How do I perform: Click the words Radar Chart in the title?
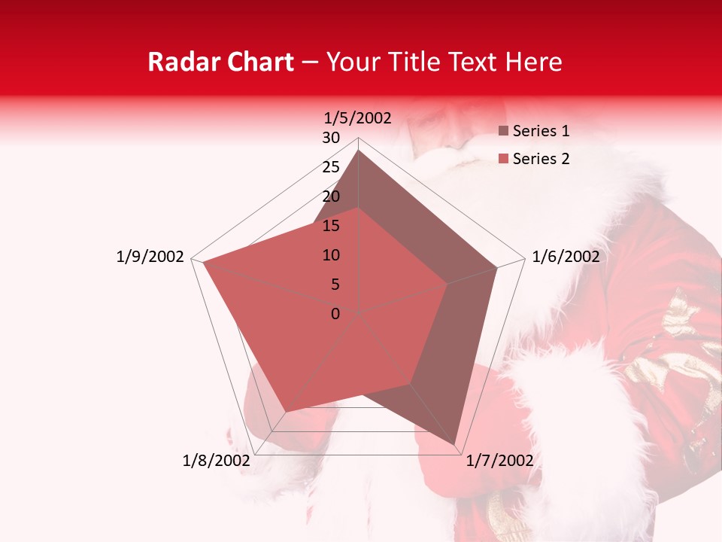(220, 62)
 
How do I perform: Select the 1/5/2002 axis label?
(358, 117)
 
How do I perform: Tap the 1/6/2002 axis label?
(566, 257)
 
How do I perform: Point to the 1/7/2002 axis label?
(499, 461)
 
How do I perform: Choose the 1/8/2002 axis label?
(216, 461)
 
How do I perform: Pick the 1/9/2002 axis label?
(150, 257)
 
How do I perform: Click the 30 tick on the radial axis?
(331, 138)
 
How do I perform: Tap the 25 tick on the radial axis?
(331, 167)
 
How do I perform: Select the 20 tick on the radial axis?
(331, 196)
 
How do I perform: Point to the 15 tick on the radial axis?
(331, 226)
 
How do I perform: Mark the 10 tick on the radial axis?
(331, 255)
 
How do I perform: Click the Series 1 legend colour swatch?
(503, 131)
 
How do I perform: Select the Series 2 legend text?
(541, 159)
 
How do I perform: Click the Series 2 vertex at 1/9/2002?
(202, 263)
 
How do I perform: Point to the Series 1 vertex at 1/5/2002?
(359, 150)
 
